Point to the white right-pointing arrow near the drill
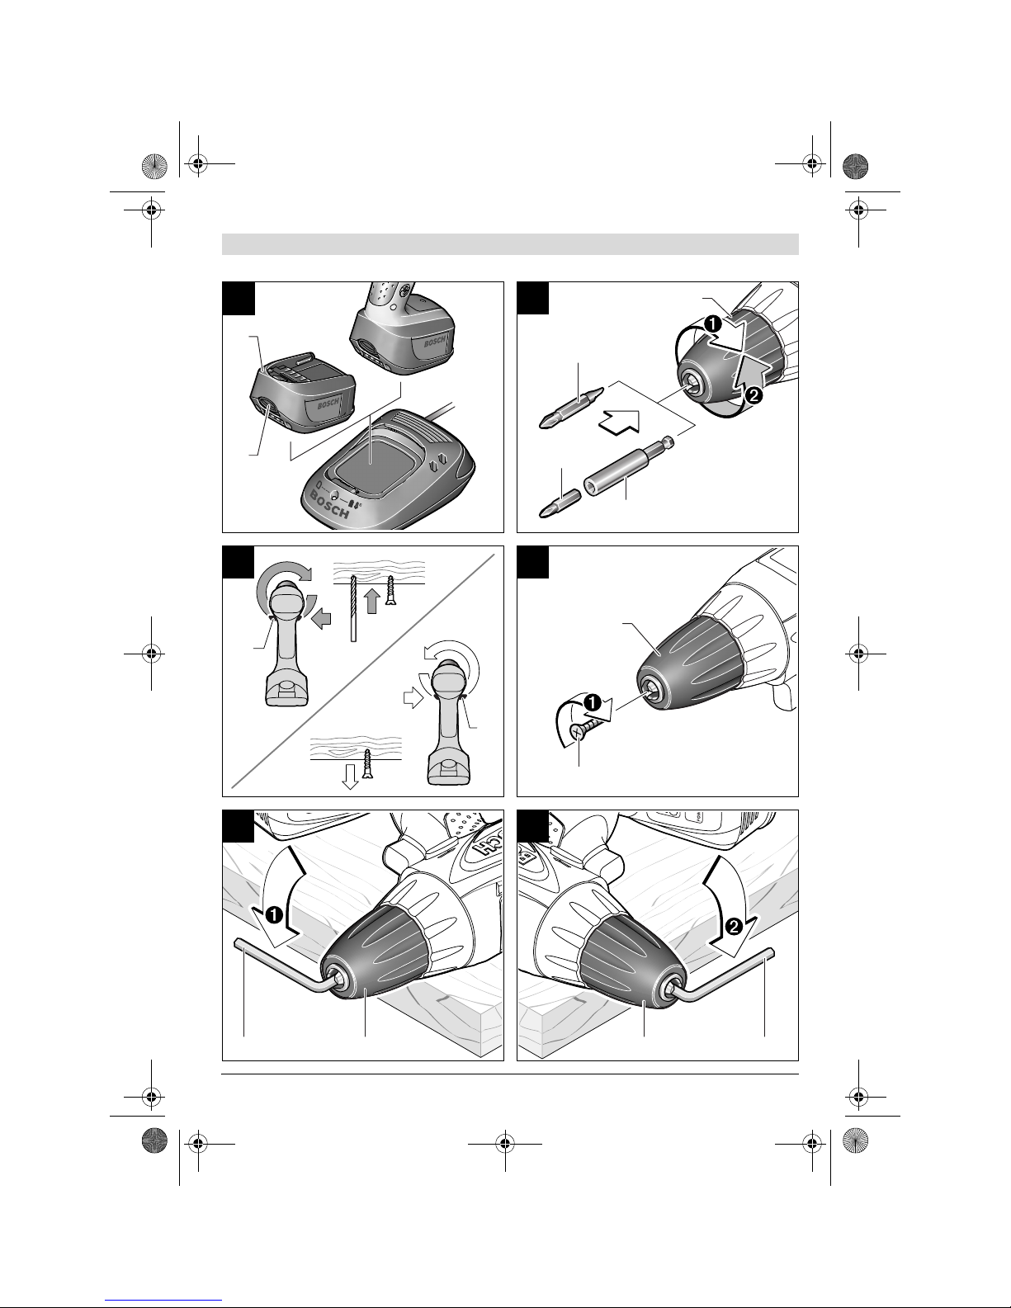[410, 699]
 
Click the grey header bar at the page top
[510, 244]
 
